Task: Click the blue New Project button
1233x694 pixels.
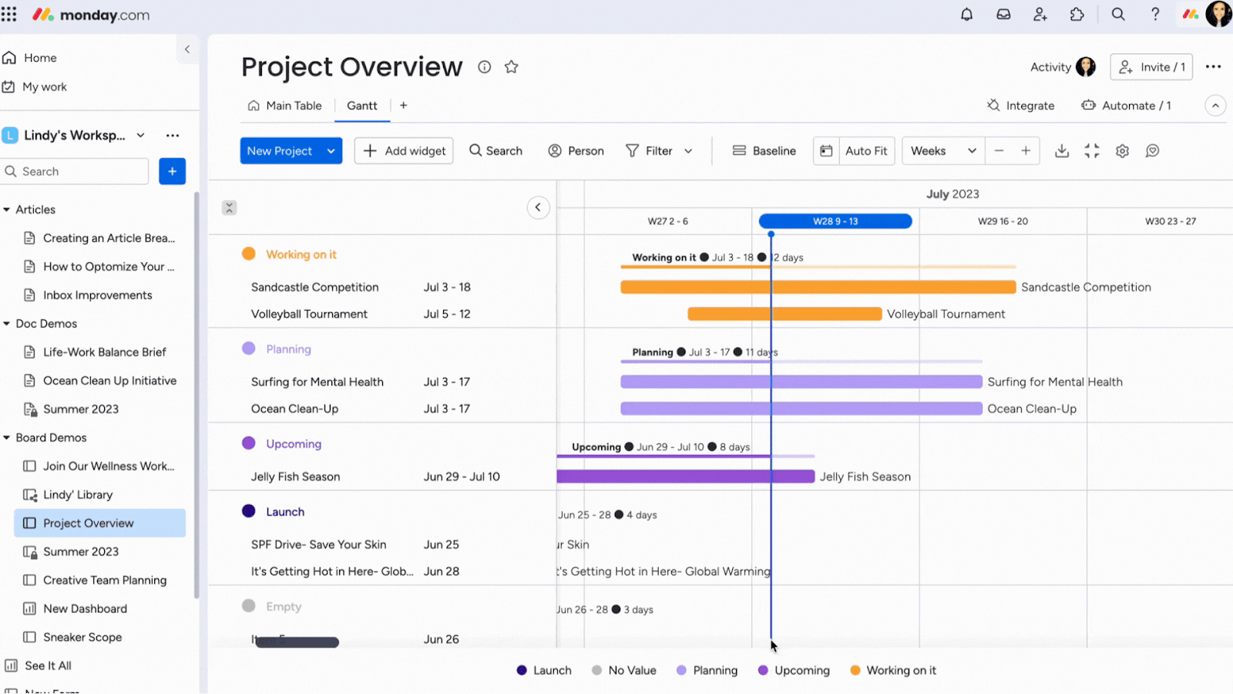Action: pyautogui.click(x=280, y=151)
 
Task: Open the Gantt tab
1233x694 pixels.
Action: pyautogui.click(x=361, y=106)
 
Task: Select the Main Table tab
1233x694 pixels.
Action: pyautogui.click(x=285, y=106)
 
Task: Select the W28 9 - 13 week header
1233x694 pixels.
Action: pyautogui.click(x=835, y=221)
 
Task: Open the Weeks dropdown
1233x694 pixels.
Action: pyautogui.click(x=942, y=151)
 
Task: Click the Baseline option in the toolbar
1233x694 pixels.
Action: pyautogui.click(x=764, y=151)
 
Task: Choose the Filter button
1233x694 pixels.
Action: pyautogui.click(x=659, y=151)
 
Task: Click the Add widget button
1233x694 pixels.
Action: pyautogui.click(x=404, y=151)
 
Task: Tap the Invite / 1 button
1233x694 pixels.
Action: pyautogui.click(x=1151, y=67)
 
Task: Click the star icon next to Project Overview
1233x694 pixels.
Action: pyautogui.click(x=511, y=67)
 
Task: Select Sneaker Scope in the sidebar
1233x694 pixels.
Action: pyautogui.click(x=82, y=637)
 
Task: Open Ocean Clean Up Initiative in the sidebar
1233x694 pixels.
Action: pyautogui.click(x=109, y=381)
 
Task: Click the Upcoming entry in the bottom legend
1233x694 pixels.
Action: pyautogui.click(x=794, y=670)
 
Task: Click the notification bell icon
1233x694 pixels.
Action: pyautogui.click(x=966, y=15)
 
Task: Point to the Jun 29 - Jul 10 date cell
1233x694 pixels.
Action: pyautogui.click(x=462, y=477)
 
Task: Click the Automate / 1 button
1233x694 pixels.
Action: pyautogui.click(x=1127, y=106)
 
